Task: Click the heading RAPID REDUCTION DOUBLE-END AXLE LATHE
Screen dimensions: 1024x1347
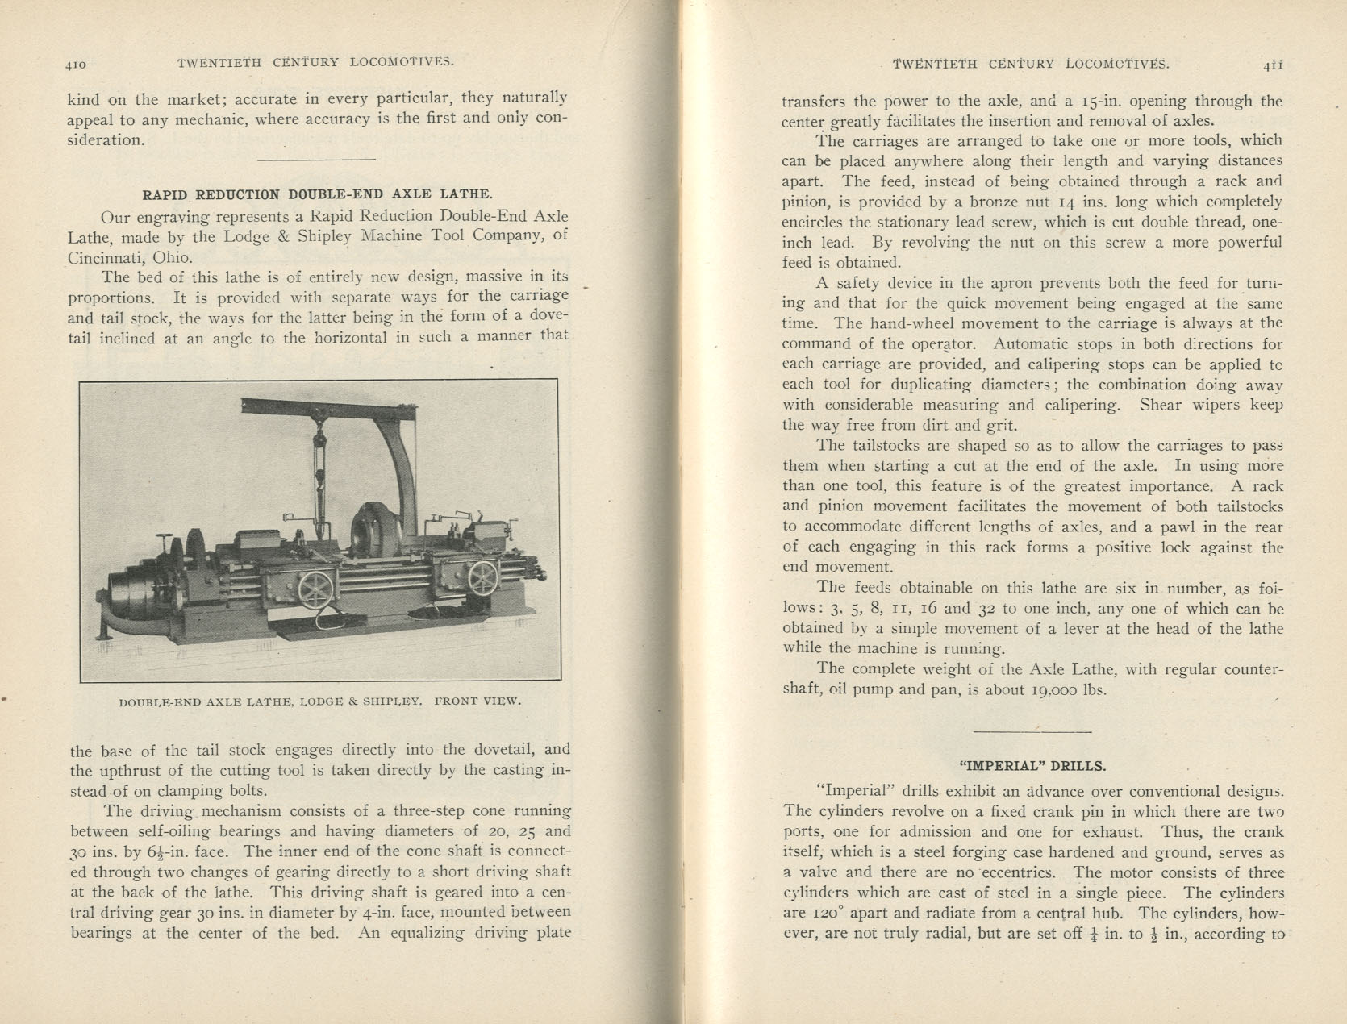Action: click(x=317, y=194)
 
